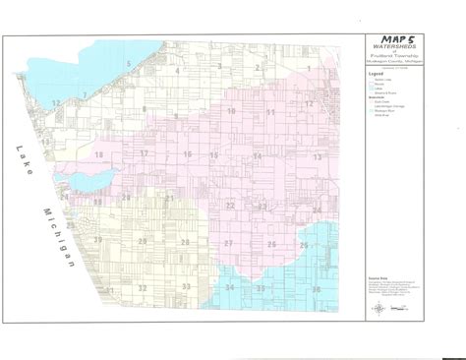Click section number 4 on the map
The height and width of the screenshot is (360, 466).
click(178, 70)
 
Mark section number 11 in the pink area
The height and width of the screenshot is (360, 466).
click(269, 114)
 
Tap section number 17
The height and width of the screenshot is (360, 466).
click(144, 155)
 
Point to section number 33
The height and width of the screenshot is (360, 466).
click(185, 287)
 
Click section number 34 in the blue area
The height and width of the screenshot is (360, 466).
click(229, 287)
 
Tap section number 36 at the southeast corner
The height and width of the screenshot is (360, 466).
click(316, 291)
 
